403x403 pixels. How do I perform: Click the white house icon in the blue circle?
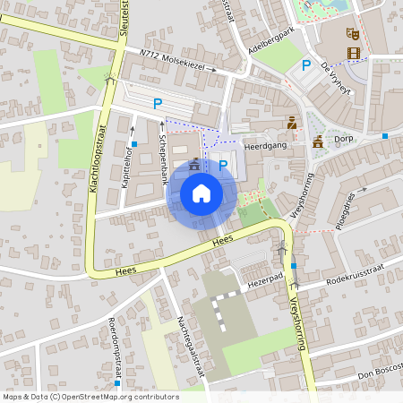pos(201,193)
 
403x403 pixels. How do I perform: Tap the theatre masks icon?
pos(353,32)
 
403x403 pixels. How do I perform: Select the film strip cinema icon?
pos(353,53)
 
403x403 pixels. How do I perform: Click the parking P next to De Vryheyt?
pos(306,65)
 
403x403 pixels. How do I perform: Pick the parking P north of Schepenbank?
pos(158,104)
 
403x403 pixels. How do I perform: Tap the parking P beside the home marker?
pos(222,165)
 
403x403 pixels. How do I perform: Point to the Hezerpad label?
pos(264,279)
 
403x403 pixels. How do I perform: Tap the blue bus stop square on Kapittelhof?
pos(133,143)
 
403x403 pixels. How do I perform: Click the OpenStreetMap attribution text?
pos(90,396)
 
